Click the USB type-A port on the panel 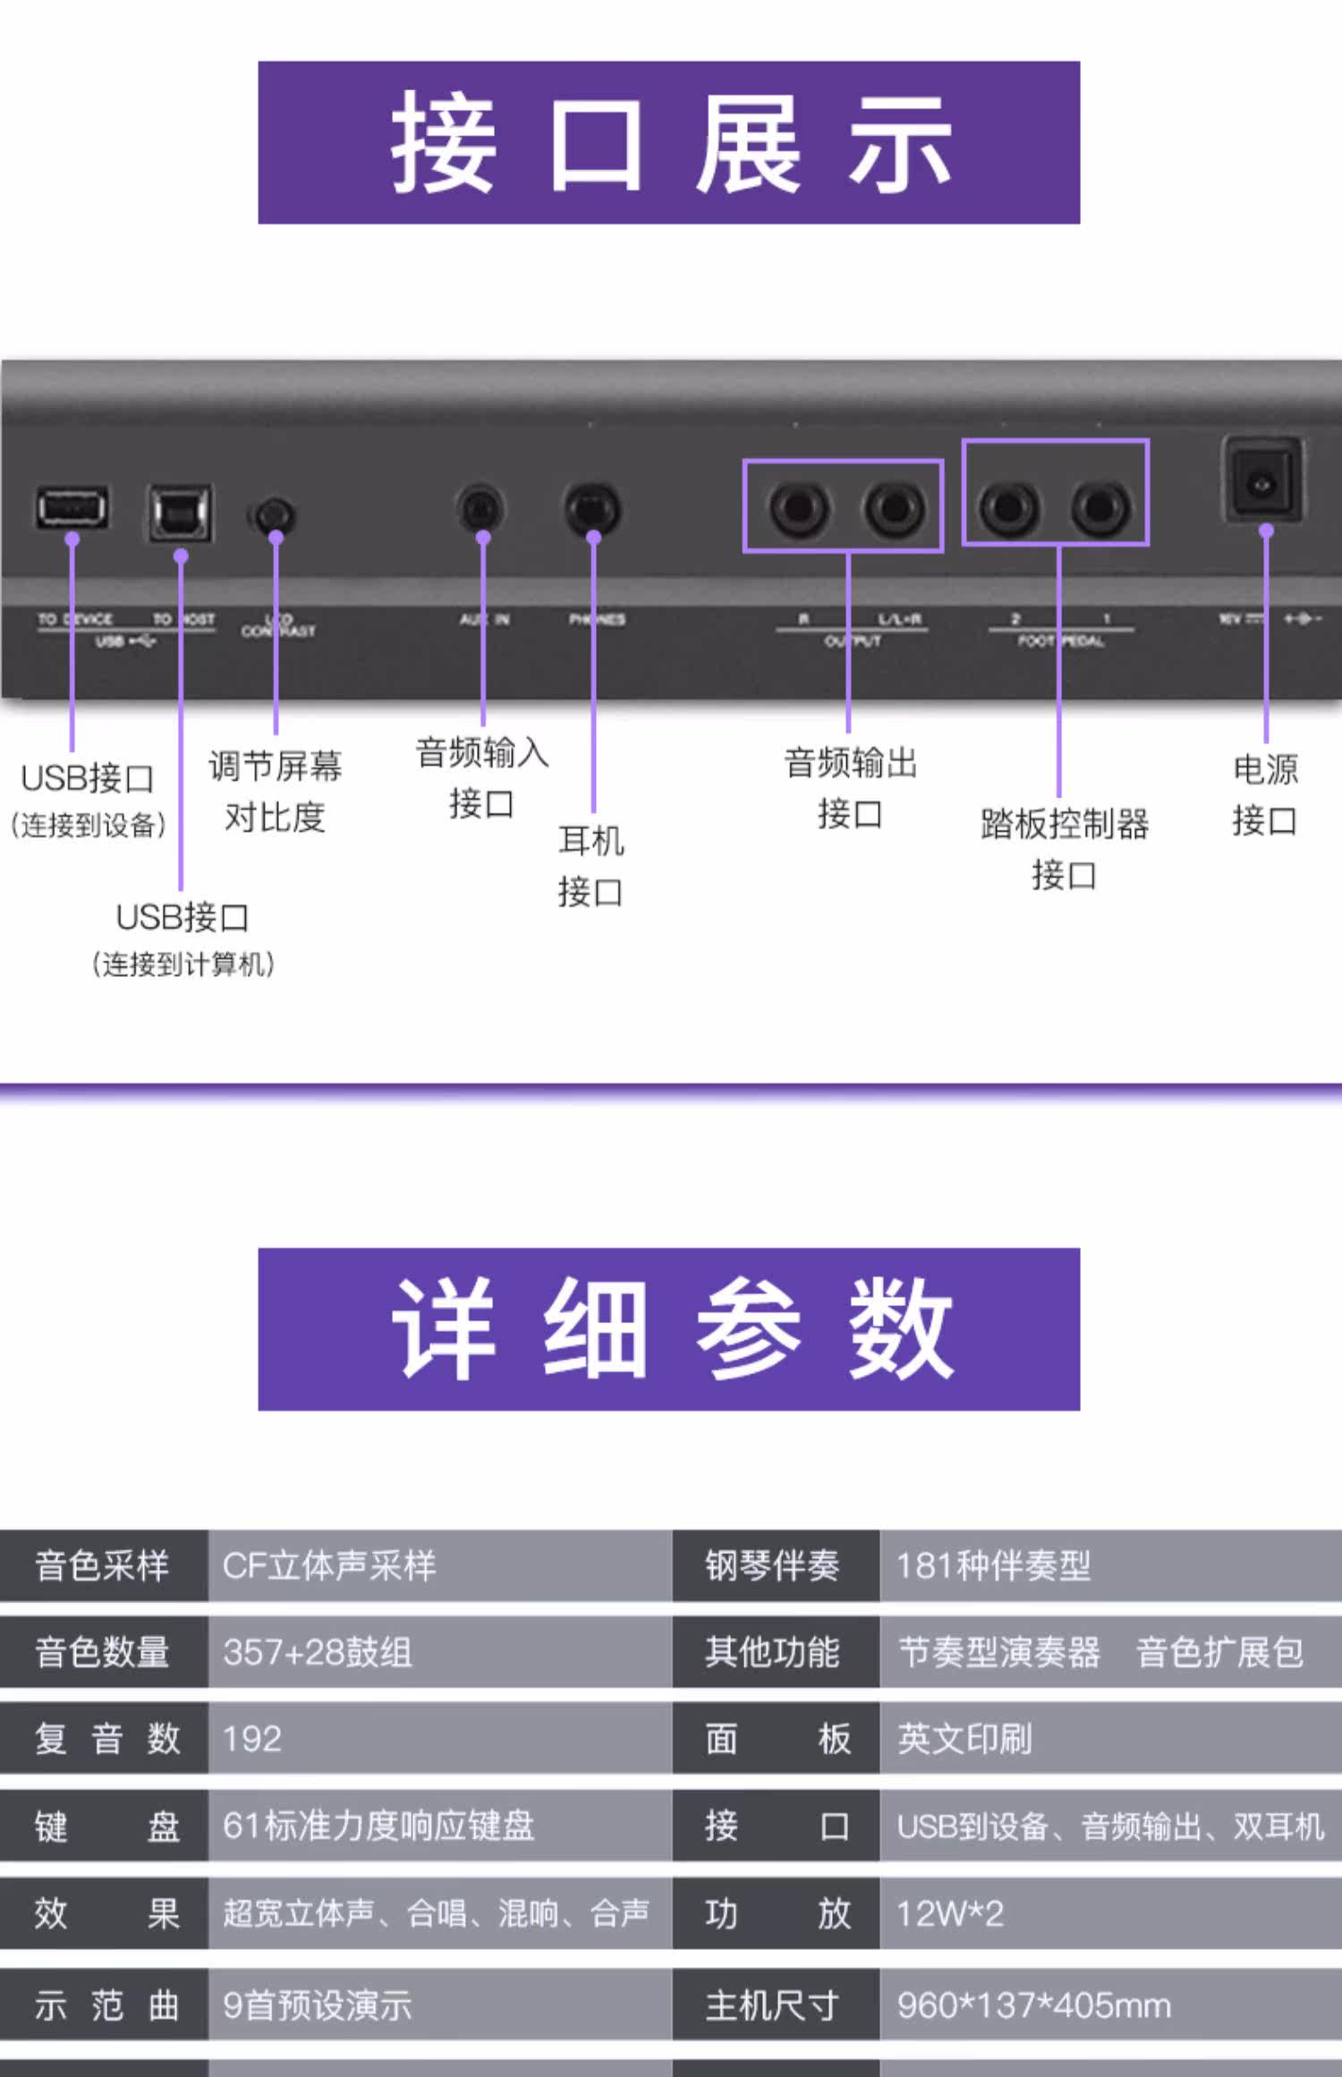72,508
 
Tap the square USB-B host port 180,513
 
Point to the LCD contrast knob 274,516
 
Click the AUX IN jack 480,510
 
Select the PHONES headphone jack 591,509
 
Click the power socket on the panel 1262,484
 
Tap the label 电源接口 1264,794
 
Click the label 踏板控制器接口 1064,848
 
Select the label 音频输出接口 850,788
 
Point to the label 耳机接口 590,865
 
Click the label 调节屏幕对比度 275,791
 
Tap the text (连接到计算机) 183,963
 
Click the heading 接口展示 668,143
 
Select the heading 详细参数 668,1328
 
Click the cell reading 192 252,1738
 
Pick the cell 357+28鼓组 318,1651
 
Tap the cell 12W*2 950,1912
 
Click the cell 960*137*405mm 1033,2005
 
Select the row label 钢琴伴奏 772,1565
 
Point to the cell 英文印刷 964,1738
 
